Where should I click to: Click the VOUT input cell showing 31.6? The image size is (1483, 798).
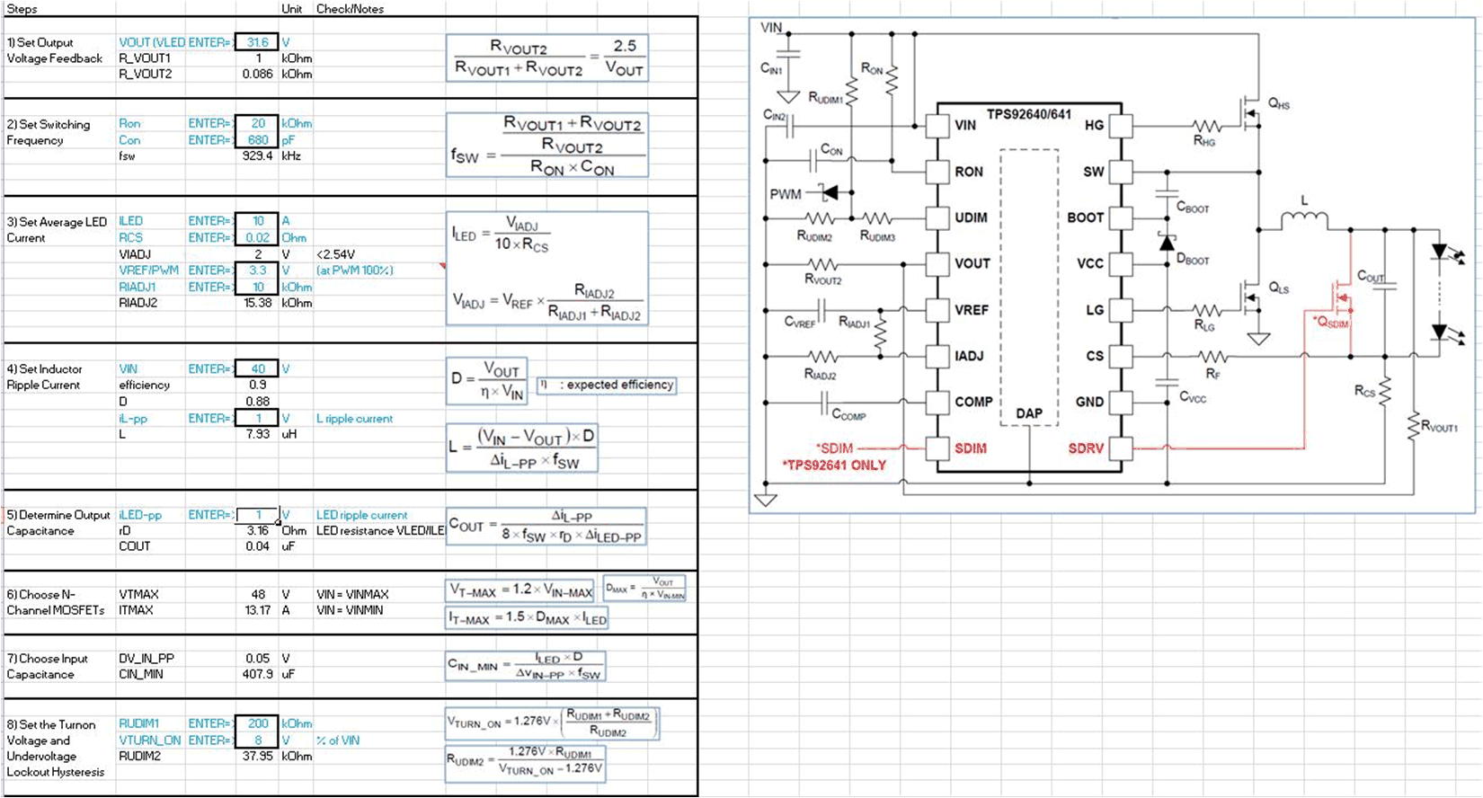pos(257,42)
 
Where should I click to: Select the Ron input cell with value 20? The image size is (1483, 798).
pos(257,123)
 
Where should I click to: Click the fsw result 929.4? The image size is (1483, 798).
pos(257,155)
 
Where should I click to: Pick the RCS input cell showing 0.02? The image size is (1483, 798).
pos(257,237)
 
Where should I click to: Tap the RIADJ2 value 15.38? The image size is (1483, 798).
pos(257,303)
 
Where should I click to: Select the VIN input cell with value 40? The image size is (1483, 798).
pos(257,368)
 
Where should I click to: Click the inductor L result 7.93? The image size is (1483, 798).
pos(257,434)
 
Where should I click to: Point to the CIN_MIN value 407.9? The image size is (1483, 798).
pos(257,674)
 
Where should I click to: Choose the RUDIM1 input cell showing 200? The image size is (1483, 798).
pos(257,723)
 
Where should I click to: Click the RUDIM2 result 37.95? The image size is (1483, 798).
pos(257,756)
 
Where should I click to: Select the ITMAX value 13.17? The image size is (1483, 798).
pos(257,610)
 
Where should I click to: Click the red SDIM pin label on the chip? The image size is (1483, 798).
pos(970,448)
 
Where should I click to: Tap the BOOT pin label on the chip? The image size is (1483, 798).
pos(1085,217)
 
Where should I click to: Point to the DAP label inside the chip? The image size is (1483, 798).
pos(1029,413)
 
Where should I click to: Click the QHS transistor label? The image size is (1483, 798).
pos(1278,104)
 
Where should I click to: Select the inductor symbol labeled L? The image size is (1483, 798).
pos(1303,217)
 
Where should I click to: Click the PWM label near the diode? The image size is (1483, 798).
pos(785,194)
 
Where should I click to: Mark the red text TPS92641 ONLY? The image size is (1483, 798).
pos(834,465)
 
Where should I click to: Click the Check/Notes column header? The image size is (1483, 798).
pos(350,8)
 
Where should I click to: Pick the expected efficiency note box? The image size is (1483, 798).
pos(607,385)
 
